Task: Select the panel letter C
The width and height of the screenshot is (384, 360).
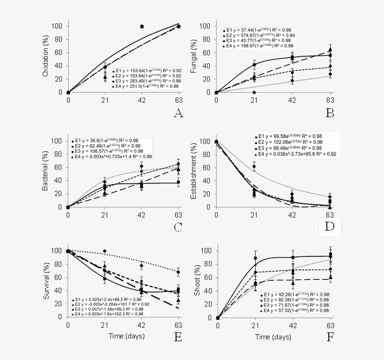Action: [177, 227]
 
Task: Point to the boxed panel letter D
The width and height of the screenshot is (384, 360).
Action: [330, 226]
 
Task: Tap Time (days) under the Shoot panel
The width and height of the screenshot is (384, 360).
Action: [274, 336]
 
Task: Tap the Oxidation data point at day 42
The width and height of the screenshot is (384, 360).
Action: [142, 26]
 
